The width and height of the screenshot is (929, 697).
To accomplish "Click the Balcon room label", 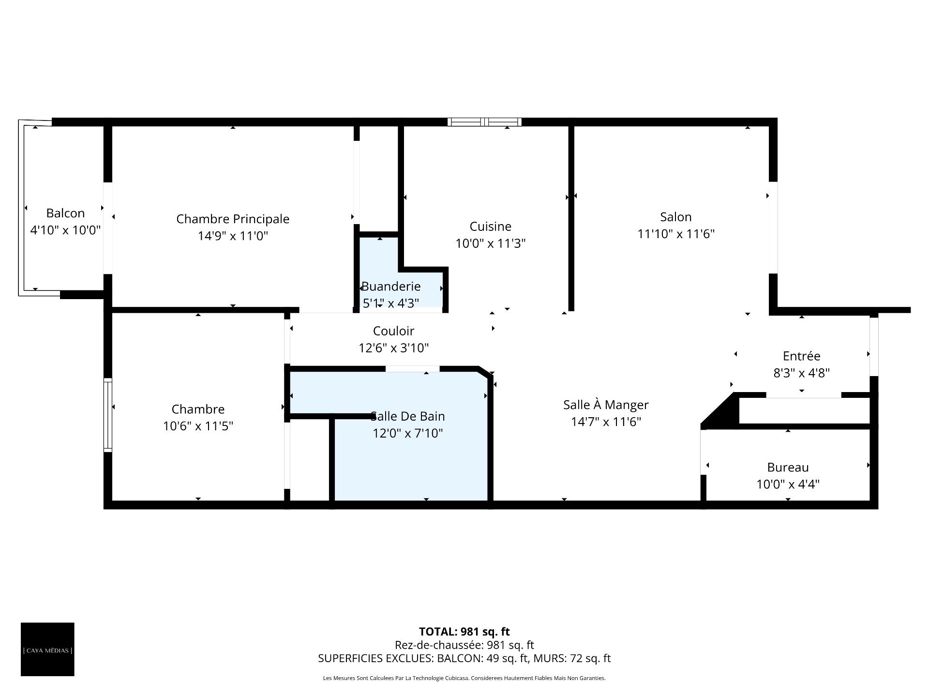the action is pos(65,213).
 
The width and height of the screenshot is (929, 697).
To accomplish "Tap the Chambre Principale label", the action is pos(233,219).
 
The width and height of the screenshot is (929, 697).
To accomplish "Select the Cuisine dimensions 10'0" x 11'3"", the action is pos(491,243).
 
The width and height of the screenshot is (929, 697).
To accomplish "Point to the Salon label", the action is pos(676,217).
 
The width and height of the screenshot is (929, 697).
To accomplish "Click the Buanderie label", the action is pos(391,286).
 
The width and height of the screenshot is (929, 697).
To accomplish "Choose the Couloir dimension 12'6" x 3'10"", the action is pos(393,348).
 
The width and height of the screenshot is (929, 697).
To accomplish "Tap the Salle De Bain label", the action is pos(407,416).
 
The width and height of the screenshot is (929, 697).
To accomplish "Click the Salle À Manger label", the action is pos(606,404).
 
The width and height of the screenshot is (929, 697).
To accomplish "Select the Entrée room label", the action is pos(801,356).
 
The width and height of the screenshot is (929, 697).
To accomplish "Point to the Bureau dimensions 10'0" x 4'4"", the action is pos(788,484).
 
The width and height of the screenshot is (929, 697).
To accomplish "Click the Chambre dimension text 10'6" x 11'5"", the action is pos(198,426).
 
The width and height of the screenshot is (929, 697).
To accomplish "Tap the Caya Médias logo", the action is pos(47,649).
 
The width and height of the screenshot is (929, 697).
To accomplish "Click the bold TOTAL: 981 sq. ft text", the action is pos(464,632).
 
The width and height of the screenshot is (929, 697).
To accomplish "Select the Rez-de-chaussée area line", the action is pos(464,645).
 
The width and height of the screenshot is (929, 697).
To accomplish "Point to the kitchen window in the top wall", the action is pos(484,121).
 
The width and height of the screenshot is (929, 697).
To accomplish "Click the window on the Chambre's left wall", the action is pos(108,415).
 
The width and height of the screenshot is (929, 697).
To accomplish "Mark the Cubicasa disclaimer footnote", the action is pos(464,678).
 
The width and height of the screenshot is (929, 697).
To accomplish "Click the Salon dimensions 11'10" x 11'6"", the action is pos(676,234).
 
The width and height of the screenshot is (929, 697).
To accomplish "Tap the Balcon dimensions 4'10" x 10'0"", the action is pos(65,230).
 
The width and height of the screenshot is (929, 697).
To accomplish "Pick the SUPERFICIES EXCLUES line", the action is pos(464,658).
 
